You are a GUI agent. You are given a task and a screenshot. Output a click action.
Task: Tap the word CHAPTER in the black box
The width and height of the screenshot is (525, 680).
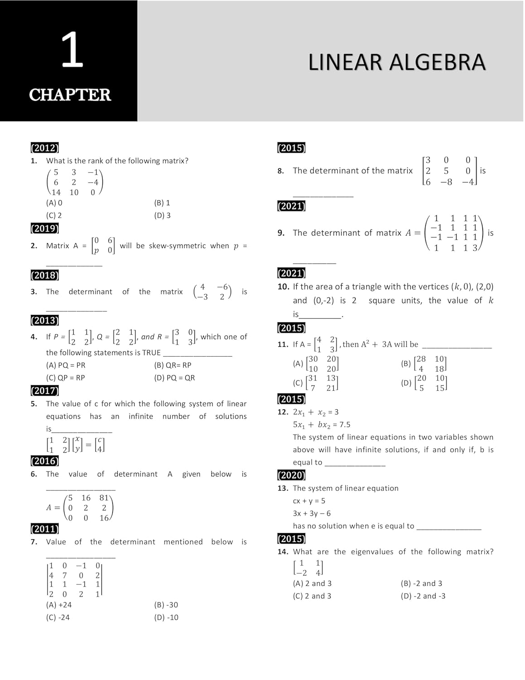pos(70,95)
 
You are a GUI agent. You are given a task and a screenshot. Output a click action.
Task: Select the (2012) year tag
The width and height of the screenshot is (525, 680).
pos(44,148)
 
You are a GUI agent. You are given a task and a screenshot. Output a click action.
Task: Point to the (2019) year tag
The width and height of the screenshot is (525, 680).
pos(44,228)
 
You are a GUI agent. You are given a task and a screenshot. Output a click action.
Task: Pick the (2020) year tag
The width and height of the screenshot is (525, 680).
pos(291,475)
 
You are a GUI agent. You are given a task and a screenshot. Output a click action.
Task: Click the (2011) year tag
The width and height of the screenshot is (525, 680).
pos(44,529)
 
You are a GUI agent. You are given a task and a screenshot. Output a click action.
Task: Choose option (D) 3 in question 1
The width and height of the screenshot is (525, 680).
pos(162,215)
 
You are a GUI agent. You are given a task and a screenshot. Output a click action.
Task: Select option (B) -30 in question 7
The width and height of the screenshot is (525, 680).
pos(166,605)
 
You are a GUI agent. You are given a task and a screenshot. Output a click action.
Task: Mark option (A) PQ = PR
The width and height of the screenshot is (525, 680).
pos(66,365)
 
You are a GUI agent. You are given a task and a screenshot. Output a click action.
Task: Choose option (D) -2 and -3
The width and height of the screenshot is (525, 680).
pos(423,596)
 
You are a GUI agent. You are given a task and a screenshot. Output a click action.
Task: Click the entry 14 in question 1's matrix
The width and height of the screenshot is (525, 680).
pos(56,192)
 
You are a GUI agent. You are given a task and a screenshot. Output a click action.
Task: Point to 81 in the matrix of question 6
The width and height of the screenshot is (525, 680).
pos(104,498)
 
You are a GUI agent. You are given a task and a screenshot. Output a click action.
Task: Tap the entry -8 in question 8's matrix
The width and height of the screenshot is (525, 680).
pos(446,182)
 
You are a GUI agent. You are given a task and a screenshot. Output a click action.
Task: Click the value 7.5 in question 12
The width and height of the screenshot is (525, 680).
pos(345,424)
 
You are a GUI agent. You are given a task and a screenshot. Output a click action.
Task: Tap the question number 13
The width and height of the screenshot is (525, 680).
pos(283,488)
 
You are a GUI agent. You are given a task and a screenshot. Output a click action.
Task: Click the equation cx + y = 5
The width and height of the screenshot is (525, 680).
pos(309,501)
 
